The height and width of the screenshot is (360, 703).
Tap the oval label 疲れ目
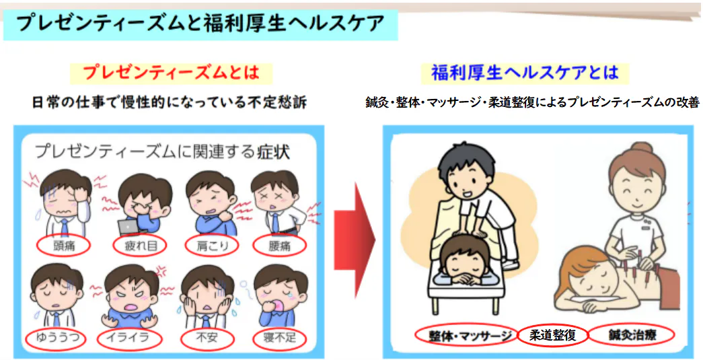tap(139, 246)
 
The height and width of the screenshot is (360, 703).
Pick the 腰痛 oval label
tap(279, 246)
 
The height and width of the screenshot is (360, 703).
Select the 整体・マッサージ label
tap(466, 335)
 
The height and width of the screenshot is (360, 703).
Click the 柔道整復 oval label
tap(552, 335)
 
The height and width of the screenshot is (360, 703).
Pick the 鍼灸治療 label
tap(631, 335)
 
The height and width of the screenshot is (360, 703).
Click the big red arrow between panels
tap(354, 240)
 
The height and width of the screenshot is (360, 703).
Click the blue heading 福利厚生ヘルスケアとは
tap(525, 73)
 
